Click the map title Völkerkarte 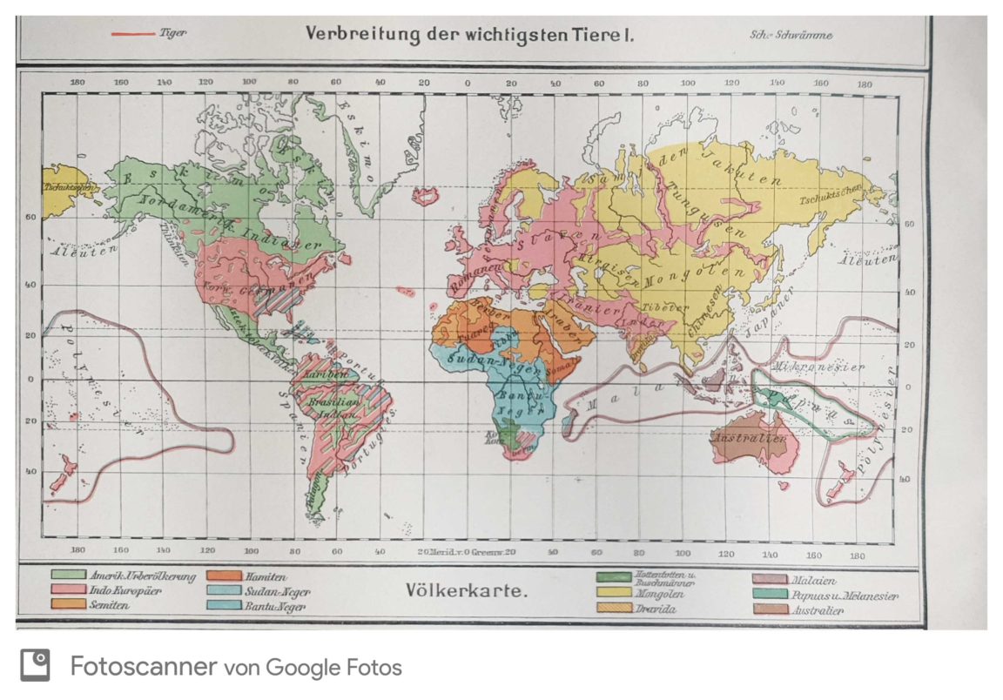click(466, 591)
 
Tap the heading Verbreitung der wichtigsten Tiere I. click(469, 35)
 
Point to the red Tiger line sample click(133, 35)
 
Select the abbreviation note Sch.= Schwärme click(791, 35)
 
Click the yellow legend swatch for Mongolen click(614, 592)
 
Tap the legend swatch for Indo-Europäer click(68, 590)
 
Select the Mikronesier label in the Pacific click(818, 367)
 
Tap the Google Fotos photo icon click(35, 666)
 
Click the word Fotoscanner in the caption click(143, 667)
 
